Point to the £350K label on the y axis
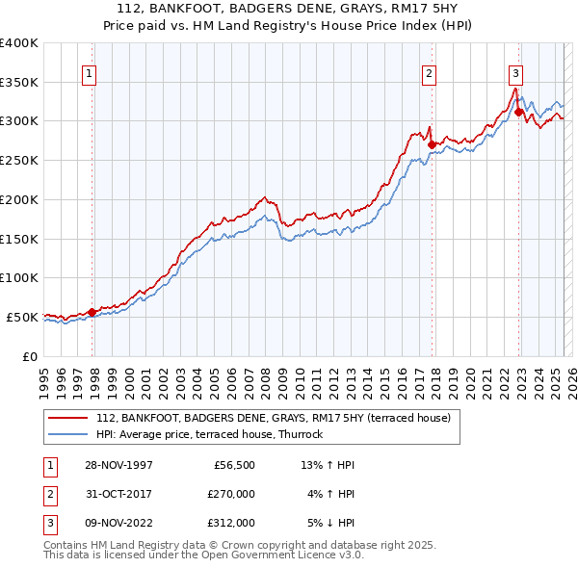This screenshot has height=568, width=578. pos(19,83)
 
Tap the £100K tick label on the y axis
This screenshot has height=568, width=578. pos(19,278)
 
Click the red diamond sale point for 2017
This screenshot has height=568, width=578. pos(432,145)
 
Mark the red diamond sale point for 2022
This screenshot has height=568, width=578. pos(518,113)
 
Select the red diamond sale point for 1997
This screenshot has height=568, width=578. pos(92,312)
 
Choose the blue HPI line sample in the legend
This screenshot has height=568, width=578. pos(68,434)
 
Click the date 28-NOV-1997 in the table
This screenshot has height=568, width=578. pos(118,466)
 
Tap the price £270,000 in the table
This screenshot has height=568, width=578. pos(232,495)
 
